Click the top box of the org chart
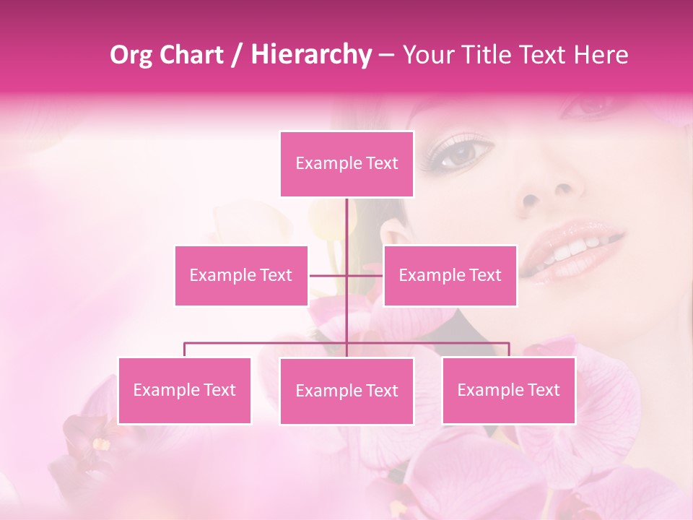click(x=346, y=164)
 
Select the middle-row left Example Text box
click(x=241, y=275)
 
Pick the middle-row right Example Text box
click(x=450, y=275)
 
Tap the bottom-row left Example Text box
click(x=184, y=390)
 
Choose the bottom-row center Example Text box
click(x=346, y=391)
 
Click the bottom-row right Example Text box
click(x=508, y=390)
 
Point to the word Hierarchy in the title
click(x=310, y=55)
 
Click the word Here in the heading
click(x=601, y=55)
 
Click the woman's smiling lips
click(x=574, y=249)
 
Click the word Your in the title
click(x=426, y=55)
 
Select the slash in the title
click(x=236, y=55)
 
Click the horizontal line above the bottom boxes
click(x=267, y=343)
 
